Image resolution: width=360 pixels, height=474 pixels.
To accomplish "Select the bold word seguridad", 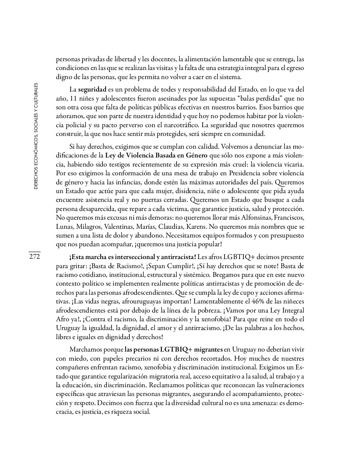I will tap(92, 89).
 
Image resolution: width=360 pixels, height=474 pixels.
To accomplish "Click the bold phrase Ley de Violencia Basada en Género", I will tap(156, 156).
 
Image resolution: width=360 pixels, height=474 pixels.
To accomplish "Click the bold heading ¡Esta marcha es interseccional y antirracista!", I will tap(133, 257).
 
